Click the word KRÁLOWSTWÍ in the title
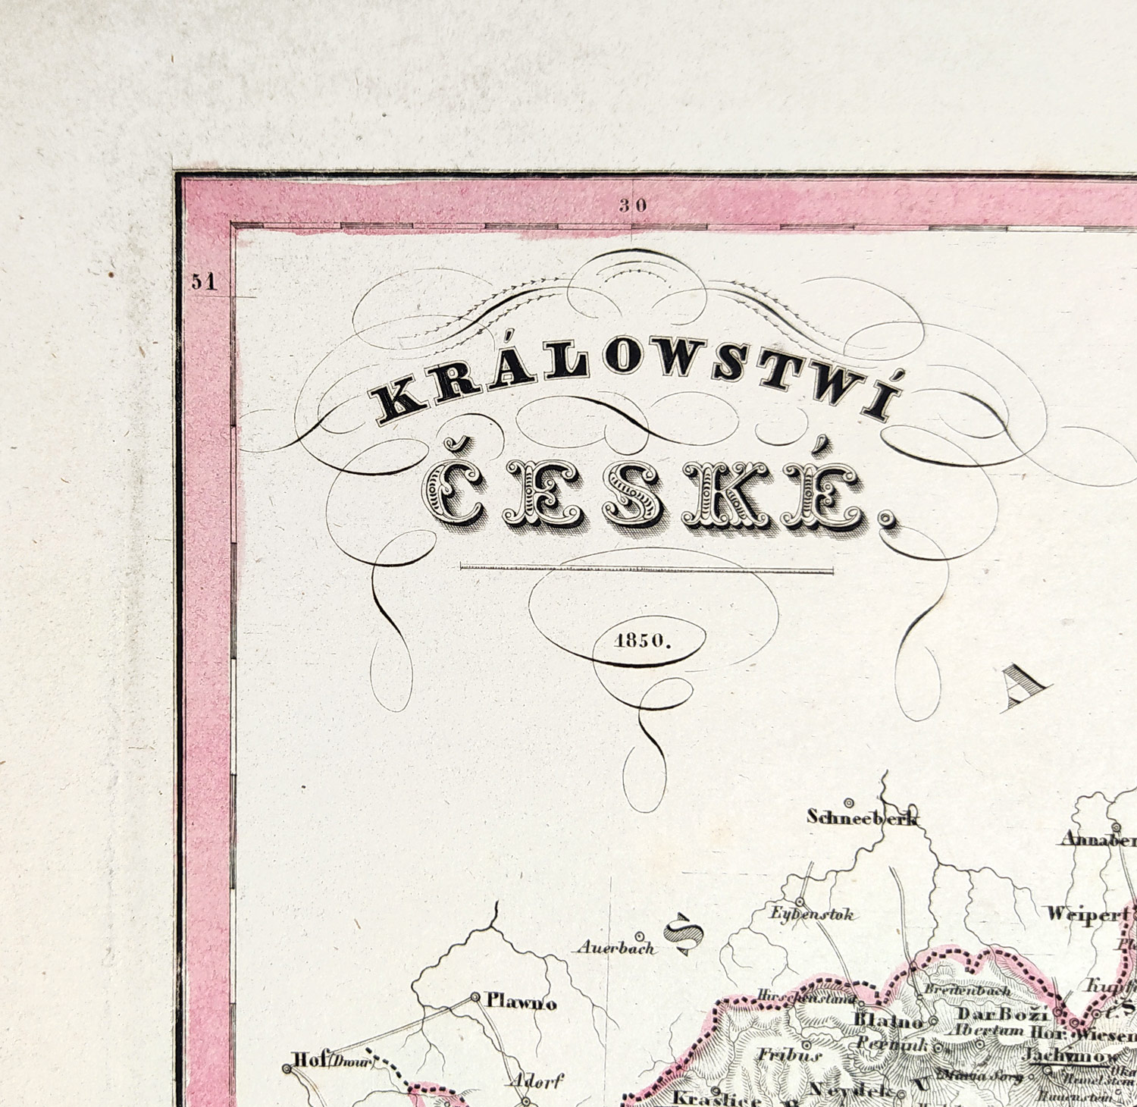[x=633, y=384]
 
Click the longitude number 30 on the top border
[x=634, y=204]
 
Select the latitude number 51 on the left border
[x=204, y=281]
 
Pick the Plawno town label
[x=522, y=1003]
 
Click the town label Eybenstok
[x=812, y=914]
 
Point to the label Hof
[x=307, y=1059]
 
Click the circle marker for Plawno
[x=475, y=997]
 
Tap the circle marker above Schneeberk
[x=850, y=802]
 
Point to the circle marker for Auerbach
[x=641, y=936]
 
